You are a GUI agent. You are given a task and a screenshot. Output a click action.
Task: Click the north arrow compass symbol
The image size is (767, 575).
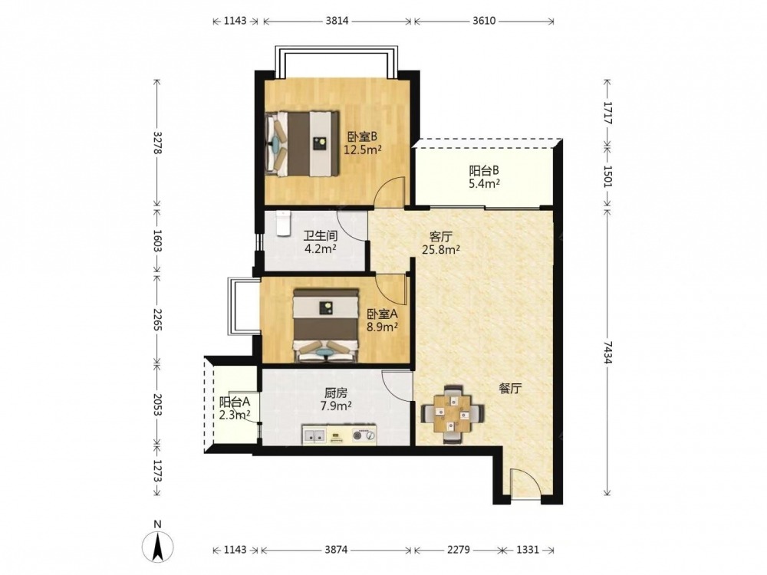157,546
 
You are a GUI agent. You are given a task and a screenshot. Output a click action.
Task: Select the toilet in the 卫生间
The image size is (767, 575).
283,223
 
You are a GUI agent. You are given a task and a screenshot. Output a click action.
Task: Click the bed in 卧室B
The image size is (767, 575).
301,144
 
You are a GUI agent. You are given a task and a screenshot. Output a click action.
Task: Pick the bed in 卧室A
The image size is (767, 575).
325,325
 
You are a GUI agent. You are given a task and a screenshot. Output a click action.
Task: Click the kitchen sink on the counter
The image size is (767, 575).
314,435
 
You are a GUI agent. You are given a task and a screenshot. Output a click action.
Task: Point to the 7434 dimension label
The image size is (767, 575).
607,352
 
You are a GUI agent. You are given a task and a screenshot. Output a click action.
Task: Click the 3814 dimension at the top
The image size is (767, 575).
337,21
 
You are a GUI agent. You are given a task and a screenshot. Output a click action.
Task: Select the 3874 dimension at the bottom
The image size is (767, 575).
336,550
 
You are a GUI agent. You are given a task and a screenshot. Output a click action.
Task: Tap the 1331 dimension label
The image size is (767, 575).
528,550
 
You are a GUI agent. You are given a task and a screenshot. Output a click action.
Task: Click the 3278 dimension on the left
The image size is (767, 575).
157,143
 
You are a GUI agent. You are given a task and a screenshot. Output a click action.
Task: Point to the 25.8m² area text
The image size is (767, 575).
441,250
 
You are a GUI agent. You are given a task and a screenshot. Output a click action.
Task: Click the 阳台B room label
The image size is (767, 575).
484,171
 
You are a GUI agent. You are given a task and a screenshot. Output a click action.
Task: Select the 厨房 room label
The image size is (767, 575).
336,393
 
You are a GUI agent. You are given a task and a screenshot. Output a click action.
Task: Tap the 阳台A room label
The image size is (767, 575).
235,402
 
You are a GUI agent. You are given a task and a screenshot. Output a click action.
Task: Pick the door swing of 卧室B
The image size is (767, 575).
388,191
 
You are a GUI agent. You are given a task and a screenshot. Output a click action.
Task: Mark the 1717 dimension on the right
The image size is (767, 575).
607,113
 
